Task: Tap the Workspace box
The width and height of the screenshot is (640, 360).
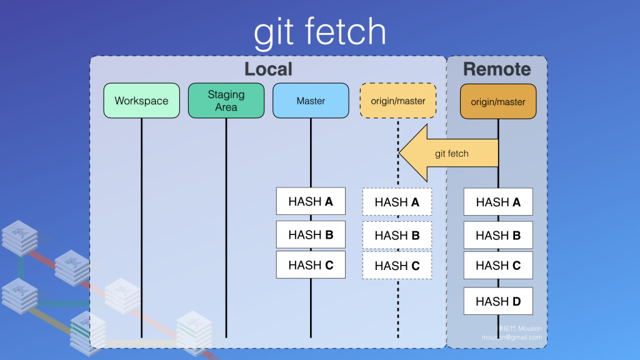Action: click(141, 101)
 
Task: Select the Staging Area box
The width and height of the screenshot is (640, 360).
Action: click(226, 101)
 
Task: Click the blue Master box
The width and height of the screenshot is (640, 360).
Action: click(311, 101)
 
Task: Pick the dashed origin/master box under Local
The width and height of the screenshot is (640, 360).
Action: click(397, 101)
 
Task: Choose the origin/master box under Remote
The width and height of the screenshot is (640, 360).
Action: click(498, 101)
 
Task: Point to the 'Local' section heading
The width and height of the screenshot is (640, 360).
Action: click(268, 69)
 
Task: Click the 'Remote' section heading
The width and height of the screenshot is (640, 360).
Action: click(497, 69)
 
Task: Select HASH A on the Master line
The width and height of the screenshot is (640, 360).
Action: click(311, 201)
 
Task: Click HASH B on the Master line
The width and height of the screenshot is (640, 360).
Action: click(311, 235)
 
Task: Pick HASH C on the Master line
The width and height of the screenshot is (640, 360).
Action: click(311, 265)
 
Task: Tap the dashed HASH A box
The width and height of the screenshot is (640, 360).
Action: click(397, 202)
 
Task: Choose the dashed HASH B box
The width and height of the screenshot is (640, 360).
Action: click(397, 236)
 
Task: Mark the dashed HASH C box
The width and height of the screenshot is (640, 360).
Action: click(397, 266)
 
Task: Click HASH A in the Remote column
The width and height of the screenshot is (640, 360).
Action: click(498, 202)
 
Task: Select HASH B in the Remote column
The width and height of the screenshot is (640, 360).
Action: click(498, 236)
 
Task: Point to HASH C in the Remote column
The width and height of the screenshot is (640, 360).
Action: click(498, 265)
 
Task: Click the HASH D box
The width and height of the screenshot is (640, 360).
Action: click(498, 301)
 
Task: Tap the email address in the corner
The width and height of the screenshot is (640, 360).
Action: click(511, 337)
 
